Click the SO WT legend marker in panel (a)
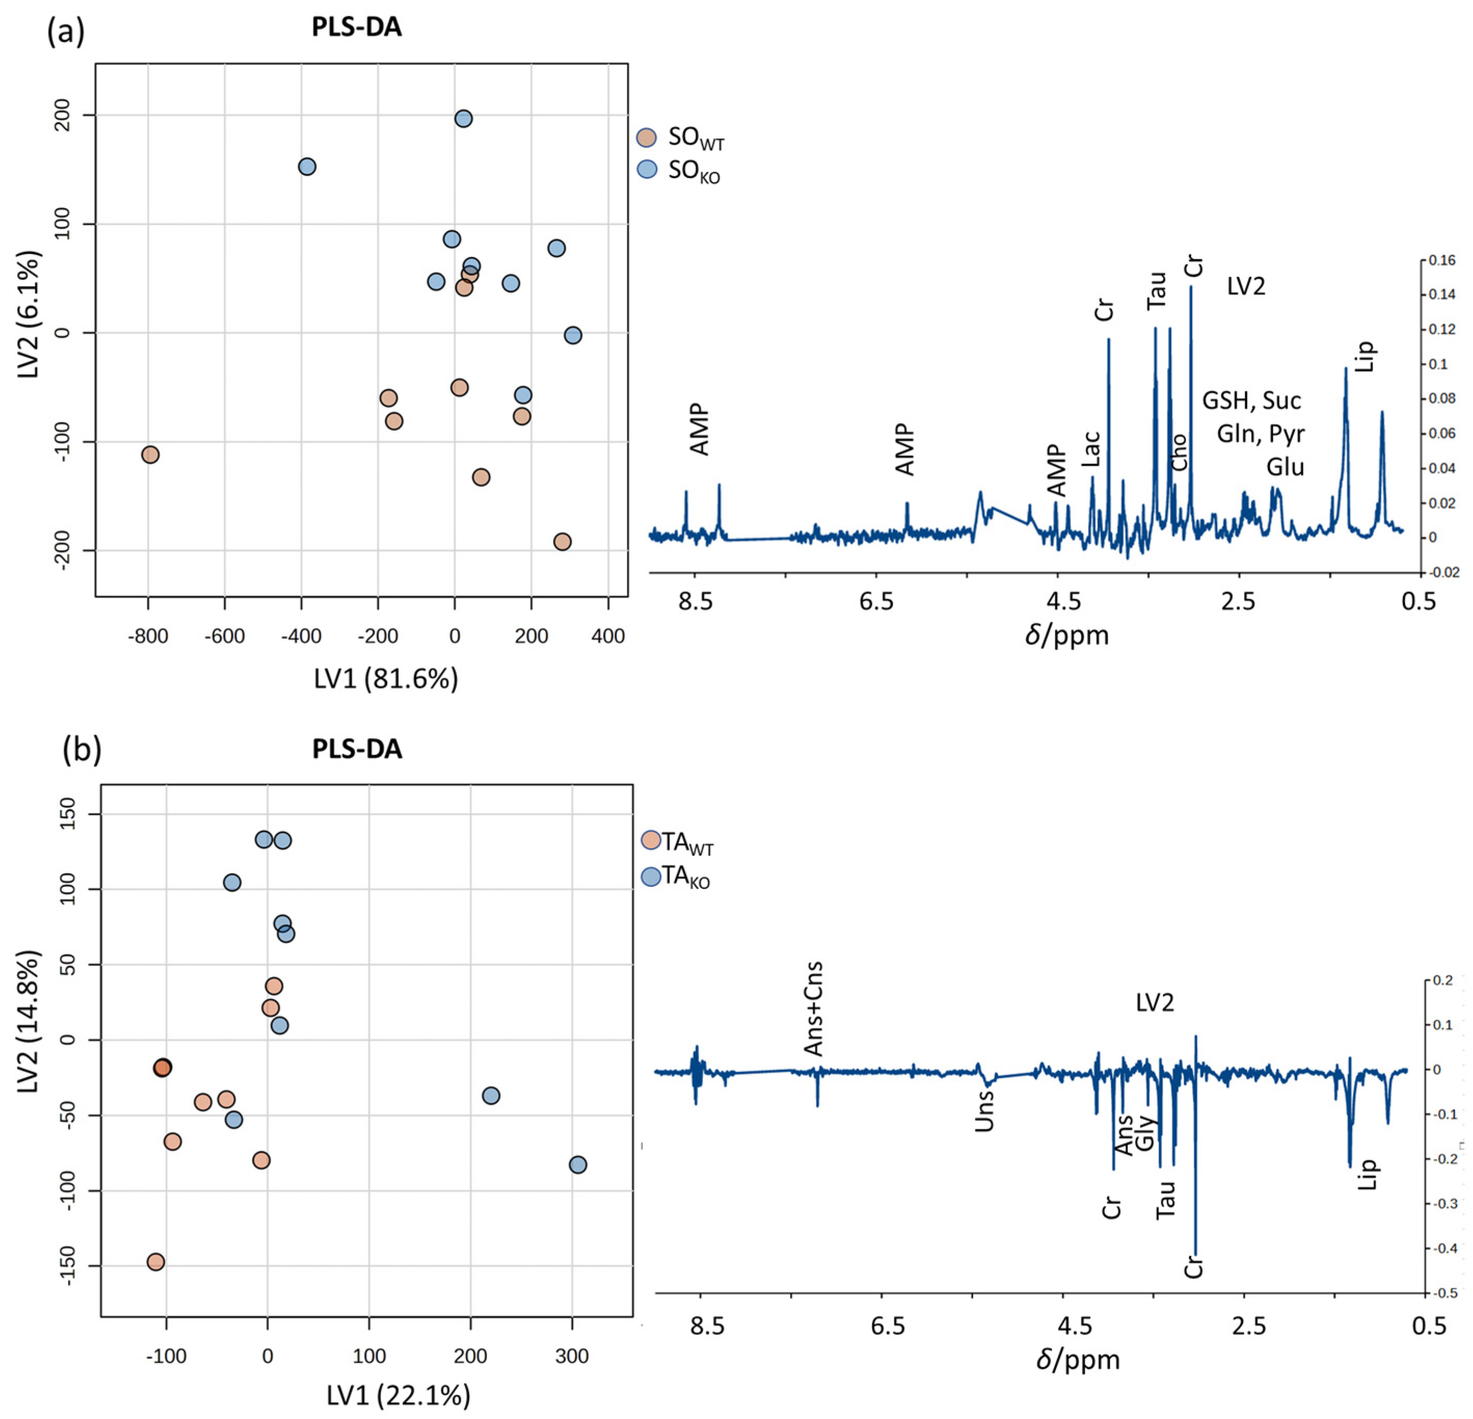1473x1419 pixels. point(646,138)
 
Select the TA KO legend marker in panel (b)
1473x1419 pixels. point(651,875)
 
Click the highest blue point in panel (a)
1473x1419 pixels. point(464,119)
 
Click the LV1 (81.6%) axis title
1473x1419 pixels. point(386,679)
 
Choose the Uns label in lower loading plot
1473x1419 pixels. point(984,1110)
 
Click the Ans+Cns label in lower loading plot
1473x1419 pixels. point(813,1009)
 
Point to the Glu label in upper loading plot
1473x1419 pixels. point(1285,467)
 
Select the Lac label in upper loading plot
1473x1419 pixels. point(1091,448)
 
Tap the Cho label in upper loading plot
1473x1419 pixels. point(1179,452)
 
